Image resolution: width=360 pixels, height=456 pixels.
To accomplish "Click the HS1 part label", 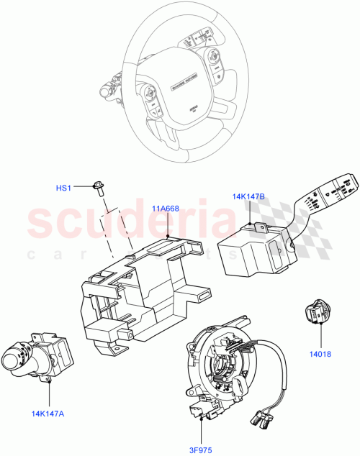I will pos(64,188).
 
